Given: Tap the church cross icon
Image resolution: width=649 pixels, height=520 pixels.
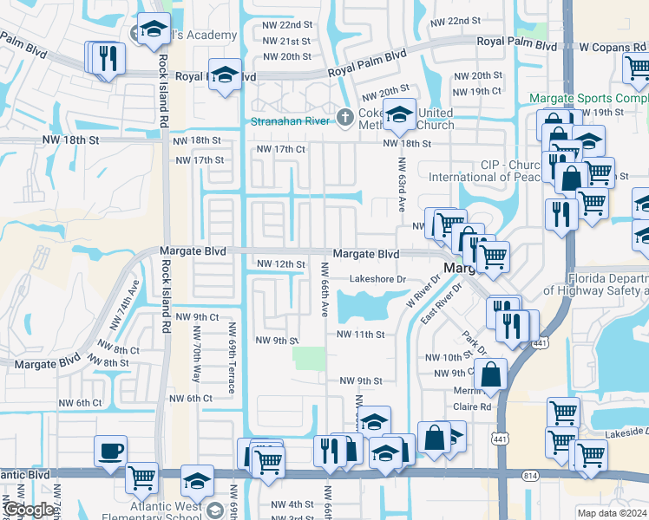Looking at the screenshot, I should (x=344, y=116).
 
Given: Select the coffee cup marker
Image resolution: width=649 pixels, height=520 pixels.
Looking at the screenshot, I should (x=111, y=452).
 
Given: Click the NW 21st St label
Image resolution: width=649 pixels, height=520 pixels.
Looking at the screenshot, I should (x=286, y=42).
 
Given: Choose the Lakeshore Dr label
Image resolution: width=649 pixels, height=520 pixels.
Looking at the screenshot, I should (x=377, y=279).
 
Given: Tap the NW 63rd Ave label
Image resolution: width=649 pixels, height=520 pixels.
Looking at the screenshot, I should (x=402, y=185).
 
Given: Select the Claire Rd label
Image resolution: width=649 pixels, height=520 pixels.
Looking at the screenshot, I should (x=473, y=406).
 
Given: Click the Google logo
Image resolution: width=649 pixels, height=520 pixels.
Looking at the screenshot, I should (x=29, y=510).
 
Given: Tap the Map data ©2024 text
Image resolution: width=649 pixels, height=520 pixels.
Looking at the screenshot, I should (x=612, y=513).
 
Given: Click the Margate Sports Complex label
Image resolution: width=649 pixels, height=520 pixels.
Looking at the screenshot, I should (x=589, y=99).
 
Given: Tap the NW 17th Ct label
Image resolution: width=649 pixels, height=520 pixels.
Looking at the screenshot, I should (x=279, y=149).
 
